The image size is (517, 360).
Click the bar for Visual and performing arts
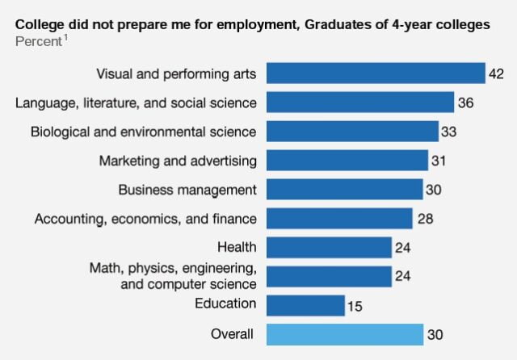click(375, 73)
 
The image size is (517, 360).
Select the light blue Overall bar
click(344, 334)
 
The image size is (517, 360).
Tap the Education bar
click(305, 305)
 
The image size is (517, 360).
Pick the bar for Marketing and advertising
click(347, 161)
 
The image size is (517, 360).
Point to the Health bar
click(328, 247)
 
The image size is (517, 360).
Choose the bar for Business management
click(344, 190)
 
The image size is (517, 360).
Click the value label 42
click(497, 74)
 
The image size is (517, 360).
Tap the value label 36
click(465, 103)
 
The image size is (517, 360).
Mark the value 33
click(450, 132)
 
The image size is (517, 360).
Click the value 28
click(424, 219)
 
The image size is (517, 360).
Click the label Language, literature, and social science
click(137, 103)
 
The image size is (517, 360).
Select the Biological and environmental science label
click(144, 131)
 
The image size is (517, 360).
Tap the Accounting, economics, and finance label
click(145, 218)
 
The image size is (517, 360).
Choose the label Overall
click(232, 333)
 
